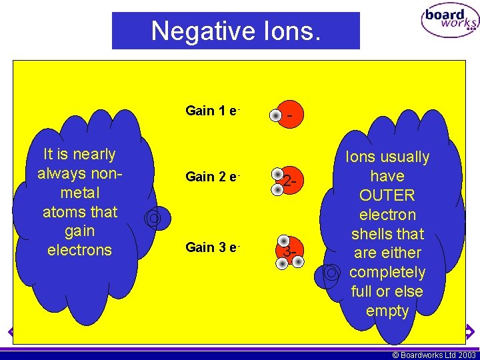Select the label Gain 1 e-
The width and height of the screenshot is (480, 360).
[x=212, y=111]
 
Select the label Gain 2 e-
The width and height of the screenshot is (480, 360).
[x=212, y=177]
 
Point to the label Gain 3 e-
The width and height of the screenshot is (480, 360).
[x=212, y=247]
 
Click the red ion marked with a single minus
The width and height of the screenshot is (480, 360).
[x=291, y=116]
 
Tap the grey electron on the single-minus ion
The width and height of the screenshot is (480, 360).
[x=275, y=116]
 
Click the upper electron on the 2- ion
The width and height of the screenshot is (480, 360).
[x=277, y=172]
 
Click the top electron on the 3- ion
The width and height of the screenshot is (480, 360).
[x=284, y=241]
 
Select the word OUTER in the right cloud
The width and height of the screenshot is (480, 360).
[x=387, y=196]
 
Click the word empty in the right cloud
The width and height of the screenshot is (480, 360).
[x=387, y=311]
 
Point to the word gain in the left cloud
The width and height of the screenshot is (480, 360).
[x=80, y=231]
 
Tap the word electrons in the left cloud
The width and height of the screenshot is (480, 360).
[x=80, y=250]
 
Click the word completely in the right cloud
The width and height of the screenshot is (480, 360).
[x=387, y=273]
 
